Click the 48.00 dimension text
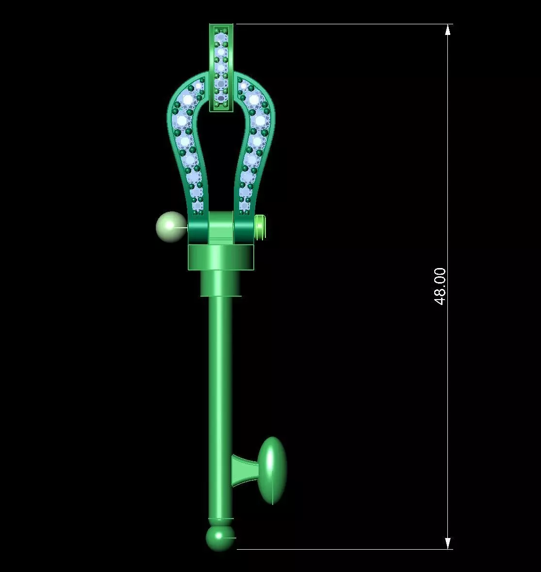(440, 286)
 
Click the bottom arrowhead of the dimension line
(448, 543)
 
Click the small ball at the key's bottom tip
(220, 538)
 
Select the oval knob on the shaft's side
(272, 470)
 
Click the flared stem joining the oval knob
(244, 471)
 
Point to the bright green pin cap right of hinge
(260, 227)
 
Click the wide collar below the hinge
(221, 257)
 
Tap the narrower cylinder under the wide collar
(221, 283)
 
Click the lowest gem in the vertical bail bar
(221, 98)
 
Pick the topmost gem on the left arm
(188, 99)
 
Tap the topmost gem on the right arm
(254, 99)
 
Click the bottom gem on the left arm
(197, 205)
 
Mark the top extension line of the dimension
(340, 24)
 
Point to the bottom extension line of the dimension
(340, 549)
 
